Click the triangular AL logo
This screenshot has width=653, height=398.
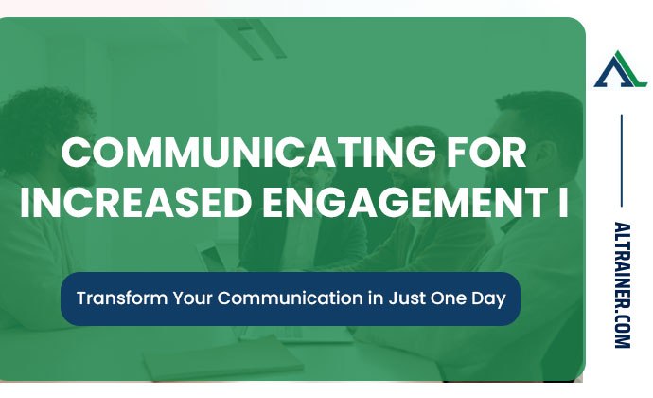(620, 70)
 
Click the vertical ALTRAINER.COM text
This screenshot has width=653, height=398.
(621, 284)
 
